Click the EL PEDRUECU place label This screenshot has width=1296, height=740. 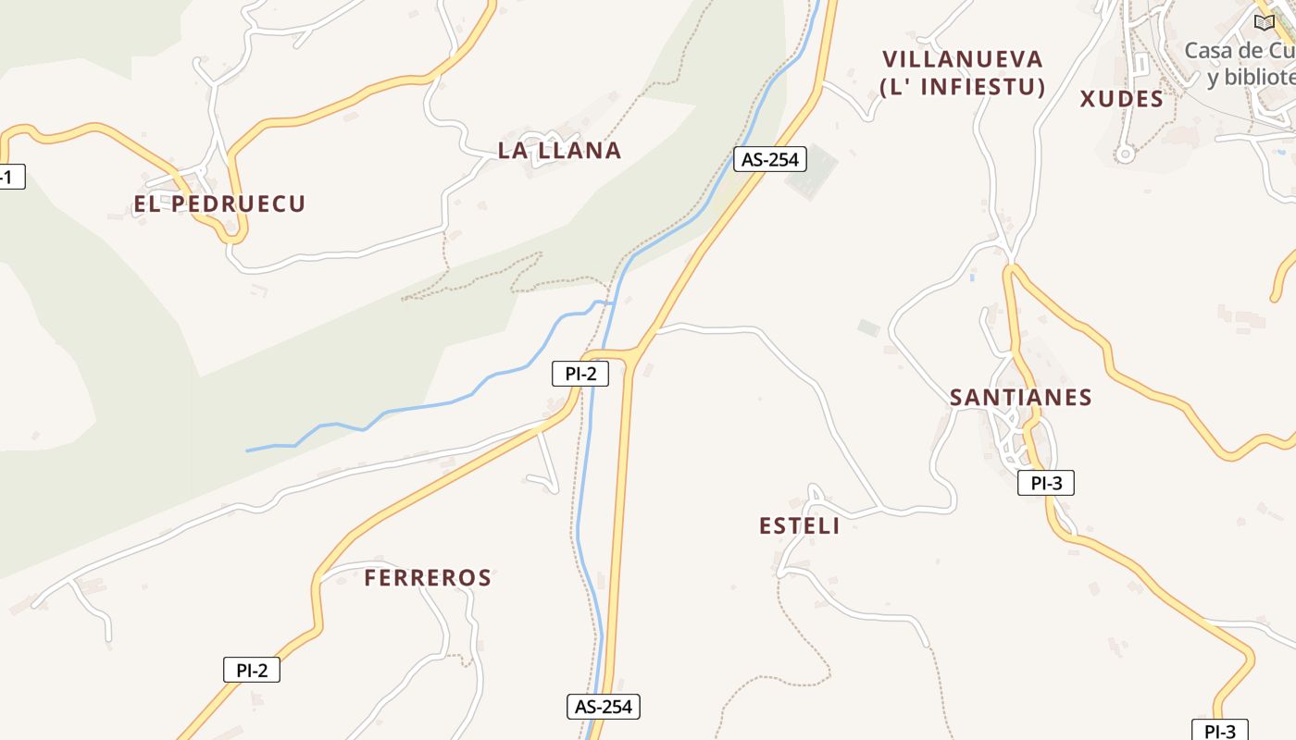coord(219,204)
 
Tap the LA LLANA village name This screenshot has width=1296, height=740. coord(559,151)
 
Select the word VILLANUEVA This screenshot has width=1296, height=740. coord(963,60)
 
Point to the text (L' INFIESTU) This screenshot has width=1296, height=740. coord(963,88)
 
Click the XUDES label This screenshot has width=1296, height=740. coord(1121,99)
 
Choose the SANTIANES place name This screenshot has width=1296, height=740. coord(1020,398)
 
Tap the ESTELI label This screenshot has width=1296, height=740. coord(799,526)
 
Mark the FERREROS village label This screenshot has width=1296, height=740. coord(427,578)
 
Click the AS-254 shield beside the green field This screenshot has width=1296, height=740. coord(770,159)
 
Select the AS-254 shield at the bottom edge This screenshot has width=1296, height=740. coord(604,707)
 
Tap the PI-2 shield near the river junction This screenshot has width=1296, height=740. coord(580,374)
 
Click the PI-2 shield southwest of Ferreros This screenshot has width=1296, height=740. coord(252,670)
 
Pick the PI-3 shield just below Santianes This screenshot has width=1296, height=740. coord(1046,482)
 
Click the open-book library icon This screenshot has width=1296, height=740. coord(1264,22)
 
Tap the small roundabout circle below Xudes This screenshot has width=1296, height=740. coord(1125,154)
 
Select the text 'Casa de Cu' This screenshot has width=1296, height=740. coord(1239,50)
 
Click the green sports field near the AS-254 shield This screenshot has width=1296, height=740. coord(812,170)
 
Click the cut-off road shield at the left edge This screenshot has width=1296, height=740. coord(9,177)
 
